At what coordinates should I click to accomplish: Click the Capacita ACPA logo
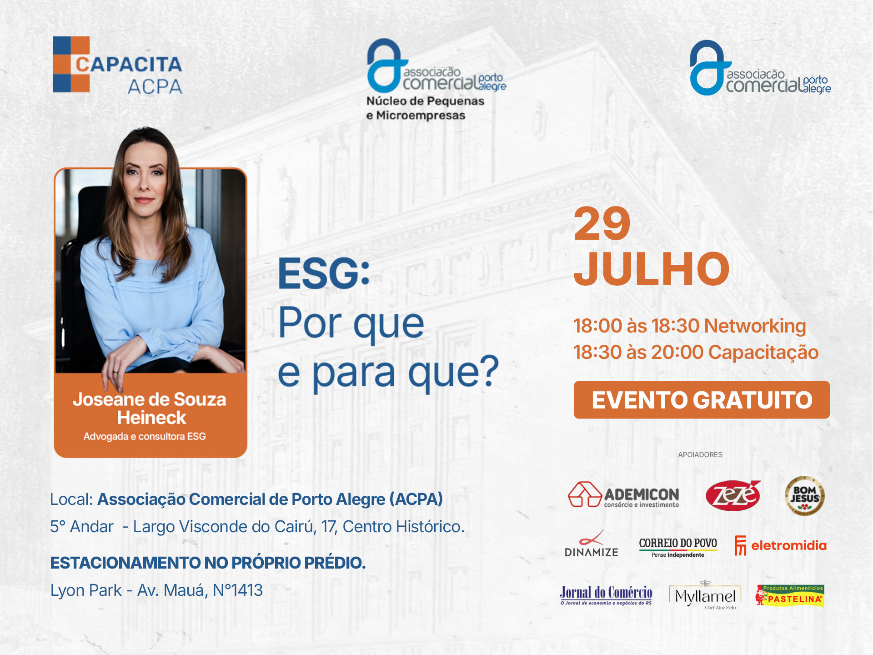[117, 65]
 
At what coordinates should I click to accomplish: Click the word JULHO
[652, 269]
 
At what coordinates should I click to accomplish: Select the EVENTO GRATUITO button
[702, 400]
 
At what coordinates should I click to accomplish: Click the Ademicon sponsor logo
[623, 494]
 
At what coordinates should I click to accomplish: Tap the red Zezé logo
[733, 495]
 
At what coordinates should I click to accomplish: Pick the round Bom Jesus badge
[804, 495]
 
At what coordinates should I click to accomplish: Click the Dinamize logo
[592, 544]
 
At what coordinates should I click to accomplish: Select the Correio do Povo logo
[678, 547]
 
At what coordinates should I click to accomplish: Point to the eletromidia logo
[780, 545]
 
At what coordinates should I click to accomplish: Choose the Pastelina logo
[790, 596]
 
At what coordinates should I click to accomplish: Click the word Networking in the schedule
[755, 326]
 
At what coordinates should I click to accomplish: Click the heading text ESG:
[324, 273]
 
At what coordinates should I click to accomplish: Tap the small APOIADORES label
[700, 454]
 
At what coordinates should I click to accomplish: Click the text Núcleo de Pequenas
[425, 101]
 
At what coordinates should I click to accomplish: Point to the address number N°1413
[238, 590]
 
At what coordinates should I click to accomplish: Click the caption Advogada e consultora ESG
[145, 436]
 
